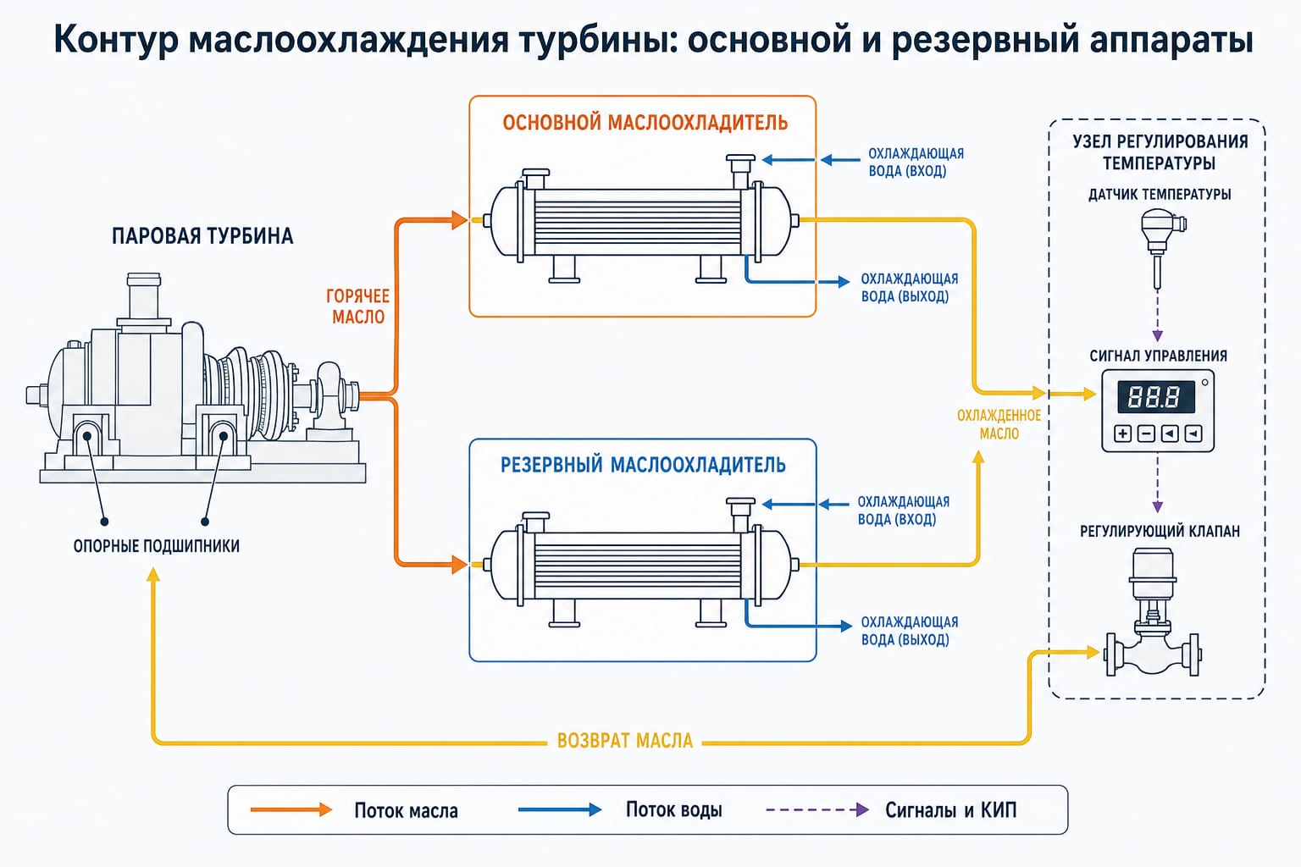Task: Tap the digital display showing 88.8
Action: pyautogui.click(x=1155, y=396)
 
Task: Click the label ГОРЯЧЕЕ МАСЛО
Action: pyautogui.click(x=357, y=306)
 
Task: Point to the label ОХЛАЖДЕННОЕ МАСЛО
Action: pyautogui.click(x=999, y=424)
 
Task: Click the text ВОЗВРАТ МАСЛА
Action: pyautogui.click(x=624, y=741)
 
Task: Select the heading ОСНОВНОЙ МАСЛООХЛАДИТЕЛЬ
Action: pyautogui.click(x=645, y=123)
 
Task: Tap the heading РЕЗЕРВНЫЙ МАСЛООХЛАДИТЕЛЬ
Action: pyautogui.click(x=643, y=465)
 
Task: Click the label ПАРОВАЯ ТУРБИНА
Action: pyautogui.click(x=202, y=236)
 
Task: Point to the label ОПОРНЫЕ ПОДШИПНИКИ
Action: pyautogui.click(x=156, y=546)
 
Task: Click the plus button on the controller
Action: pyautogui.click(x=1122, y=433)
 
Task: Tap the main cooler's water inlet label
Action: pyautogui.click(x=915, y=162)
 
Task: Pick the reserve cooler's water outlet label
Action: pyautogui.click(x=909, y=631)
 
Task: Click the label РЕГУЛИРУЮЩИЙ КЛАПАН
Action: pyautogui.click(x=1159, y=531)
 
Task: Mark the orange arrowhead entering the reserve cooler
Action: pyautogui.click(x=459, y=565)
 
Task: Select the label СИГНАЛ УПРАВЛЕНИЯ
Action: pyautogui.click(x=1158, y=356)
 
